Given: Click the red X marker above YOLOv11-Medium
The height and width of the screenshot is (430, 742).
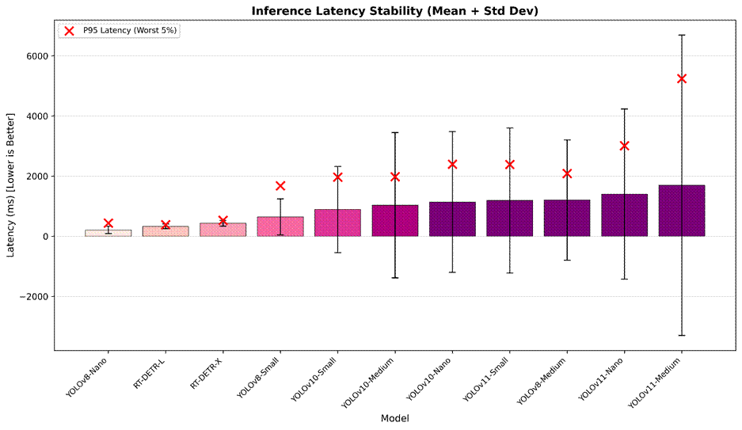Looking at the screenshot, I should click(681, 78).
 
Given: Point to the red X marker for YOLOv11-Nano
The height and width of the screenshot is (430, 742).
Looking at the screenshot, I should click(624, 146).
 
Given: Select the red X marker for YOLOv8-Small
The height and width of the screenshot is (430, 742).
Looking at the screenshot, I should click(280, 186).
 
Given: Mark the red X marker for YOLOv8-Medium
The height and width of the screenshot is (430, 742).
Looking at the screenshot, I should click(567, 173).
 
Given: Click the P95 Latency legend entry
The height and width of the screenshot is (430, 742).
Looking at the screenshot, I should click(119, 31).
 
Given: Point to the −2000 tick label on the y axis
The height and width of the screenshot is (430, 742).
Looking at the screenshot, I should click(35, 297).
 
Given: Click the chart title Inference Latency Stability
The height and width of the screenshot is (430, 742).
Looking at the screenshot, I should click(394, 10).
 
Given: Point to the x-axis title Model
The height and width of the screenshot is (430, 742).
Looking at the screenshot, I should click(394, 418).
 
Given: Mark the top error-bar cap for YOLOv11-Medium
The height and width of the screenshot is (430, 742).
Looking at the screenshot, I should click(681, 35).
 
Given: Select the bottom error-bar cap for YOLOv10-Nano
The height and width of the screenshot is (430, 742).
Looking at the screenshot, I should click(452, 272).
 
